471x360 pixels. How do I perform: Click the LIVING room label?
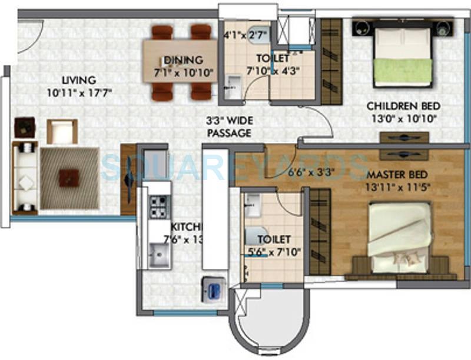click(79, 80)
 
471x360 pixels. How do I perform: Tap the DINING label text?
click(183, 60)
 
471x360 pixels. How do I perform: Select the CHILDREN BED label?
click(403, 106)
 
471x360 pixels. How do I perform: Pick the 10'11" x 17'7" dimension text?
click(79, 92)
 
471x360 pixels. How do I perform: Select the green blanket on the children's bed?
click(404, 65)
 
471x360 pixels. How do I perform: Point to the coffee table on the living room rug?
click(69, 178)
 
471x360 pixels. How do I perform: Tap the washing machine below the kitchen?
click(213, 290)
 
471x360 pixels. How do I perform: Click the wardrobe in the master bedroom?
click(320, 231)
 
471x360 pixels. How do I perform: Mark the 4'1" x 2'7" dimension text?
click(246, 35)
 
